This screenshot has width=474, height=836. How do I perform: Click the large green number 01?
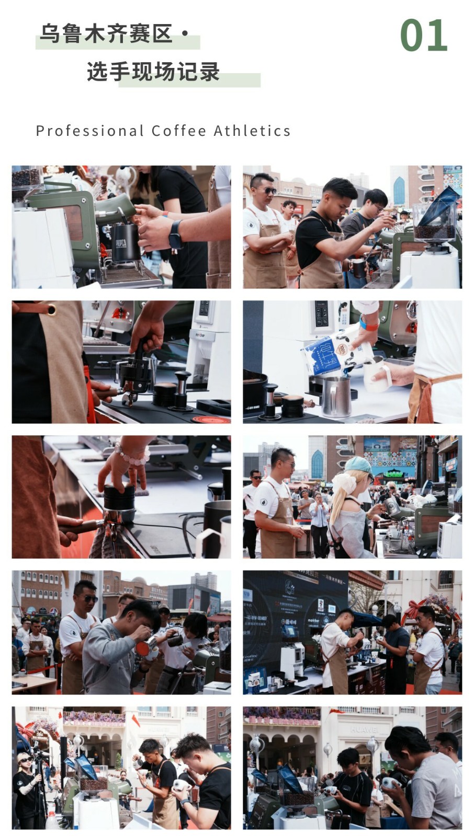coord(424,35)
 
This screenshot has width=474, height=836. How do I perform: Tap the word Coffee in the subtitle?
coord(179,131)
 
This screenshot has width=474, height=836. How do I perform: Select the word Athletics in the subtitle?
coord(252,131)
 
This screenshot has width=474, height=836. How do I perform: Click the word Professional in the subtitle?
coord(89,131)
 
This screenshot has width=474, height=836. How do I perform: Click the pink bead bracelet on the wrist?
coord(133,454)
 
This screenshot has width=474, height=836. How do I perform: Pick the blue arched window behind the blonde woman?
coord(317,465)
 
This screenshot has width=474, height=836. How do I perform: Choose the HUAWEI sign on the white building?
coord(364,729)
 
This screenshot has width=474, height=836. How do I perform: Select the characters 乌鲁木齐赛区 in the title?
coord(106,33)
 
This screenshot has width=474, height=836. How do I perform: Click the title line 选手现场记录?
coord(153,71)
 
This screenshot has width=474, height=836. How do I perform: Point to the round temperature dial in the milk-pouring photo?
coord(412,309)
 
